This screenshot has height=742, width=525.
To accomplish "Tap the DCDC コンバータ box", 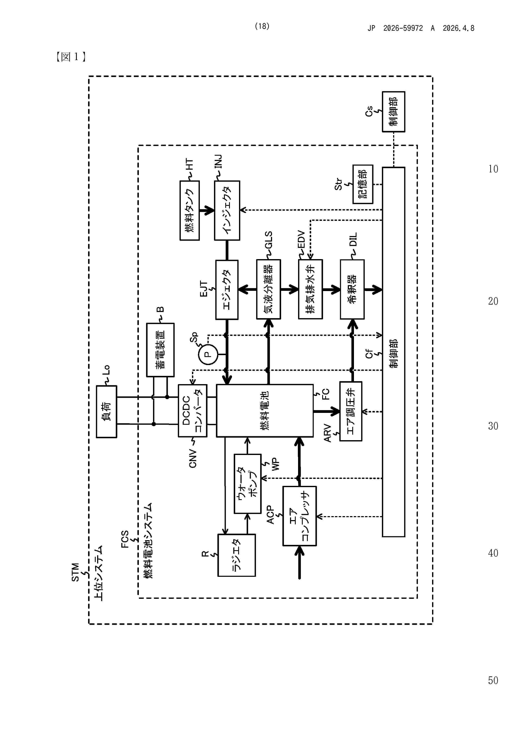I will pyautogui.click(x=192, y=410).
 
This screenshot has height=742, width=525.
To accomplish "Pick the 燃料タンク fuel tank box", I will pyautogui.click(x=189, y=210).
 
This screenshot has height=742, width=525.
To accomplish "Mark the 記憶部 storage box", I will pyautogui.click(x=363, y=184).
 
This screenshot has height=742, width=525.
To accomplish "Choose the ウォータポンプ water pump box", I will pyautogui.click(x=247, y=484).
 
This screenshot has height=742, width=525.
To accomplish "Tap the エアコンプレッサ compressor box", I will pyautogui.click(x=300, y=516).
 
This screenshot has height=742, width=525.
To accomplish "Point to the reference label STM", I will pyautogui.click(x=75, y=572).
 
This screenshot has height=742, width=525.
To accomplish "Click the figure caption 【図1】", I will pyautogui.click(x=71, y=57).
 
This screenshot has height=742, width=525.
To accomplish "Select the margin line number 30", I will pyautogui.click(x=493, y=426).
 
